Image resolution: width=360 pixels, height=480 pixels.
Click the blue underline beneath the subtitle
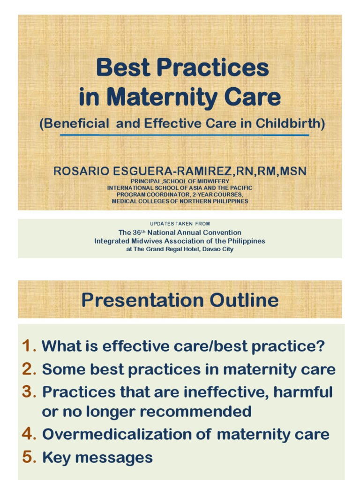pos(184,135)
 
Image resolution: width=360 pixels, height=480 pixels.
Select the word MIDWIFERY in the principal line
pos(212,181)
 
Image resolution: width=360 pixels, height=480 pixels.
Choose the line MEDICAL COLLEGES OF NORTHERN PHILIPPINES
pos(180,201)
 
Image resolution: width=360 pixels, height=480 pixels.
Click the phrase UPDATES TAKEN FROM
pos(180,224)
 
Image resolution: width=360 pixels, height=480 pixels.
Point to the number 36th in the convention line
pos(138,232)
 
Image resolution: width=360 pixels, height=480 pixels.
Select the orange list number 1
pos(28,346)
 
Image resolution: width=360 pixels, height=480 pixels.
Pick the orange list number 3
pos(28,391)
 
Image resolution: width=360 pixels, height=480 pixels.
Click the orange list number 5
pos(28,457)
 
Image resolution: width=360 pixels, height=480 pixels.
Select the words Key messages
pos(97,457)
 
